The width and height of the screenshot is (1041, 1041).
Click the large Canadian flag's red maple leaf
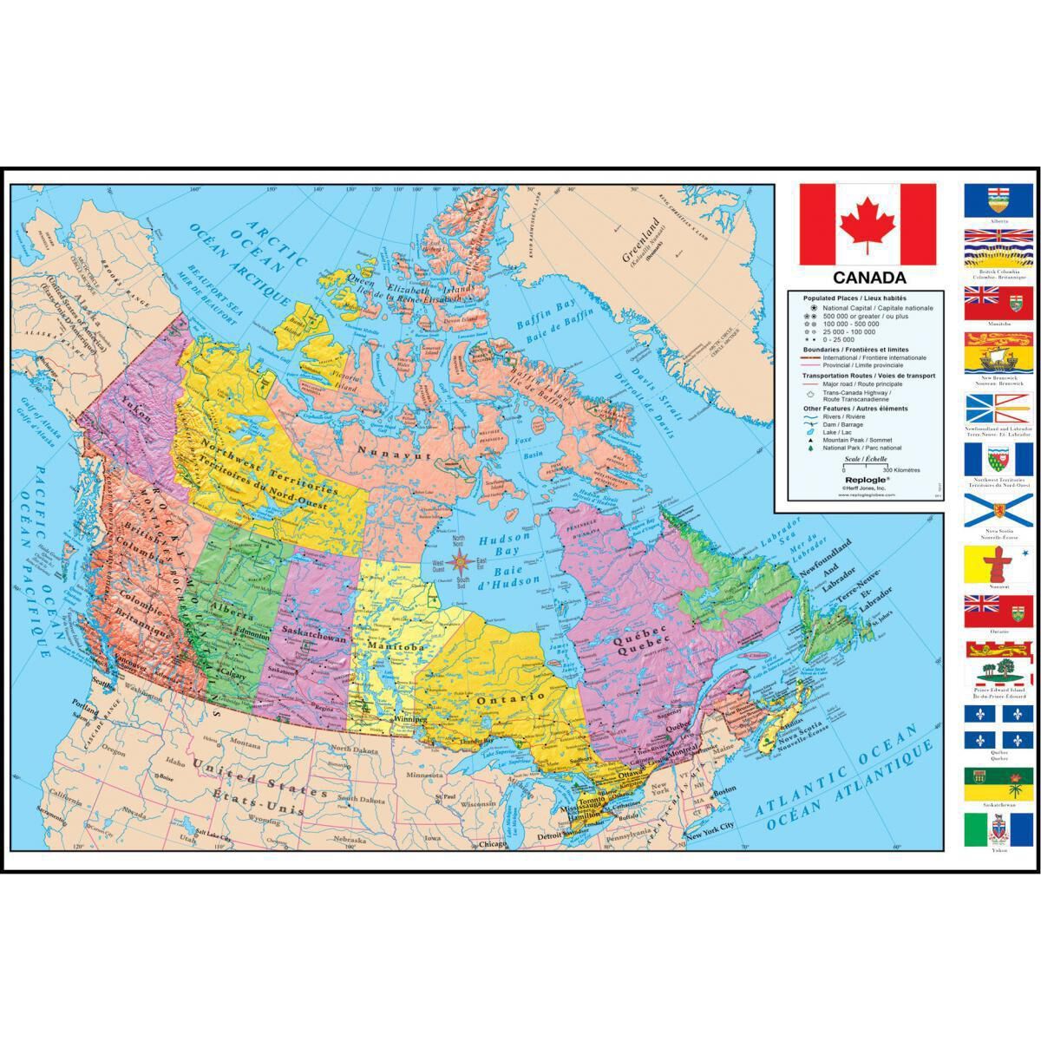coord(868,223)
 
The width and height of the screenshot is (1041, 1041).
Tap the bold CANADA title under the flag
coord(869,278)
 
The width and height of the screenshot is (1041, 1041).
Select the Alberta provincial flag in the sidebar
coord(998,200)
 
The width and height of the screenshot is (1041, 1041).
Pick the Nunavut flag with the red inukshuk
coord(998,562)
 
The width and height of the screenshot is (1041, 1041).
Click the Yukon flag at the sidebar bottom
coord(998,830)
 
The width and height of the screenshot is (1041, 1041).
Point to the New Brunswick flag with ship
coord(998,356)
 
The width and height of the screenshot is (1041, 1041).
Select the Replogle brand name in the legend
coord(861,477)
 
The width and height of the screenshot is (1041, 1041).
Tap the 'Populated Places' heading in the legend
coord(837,297)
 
